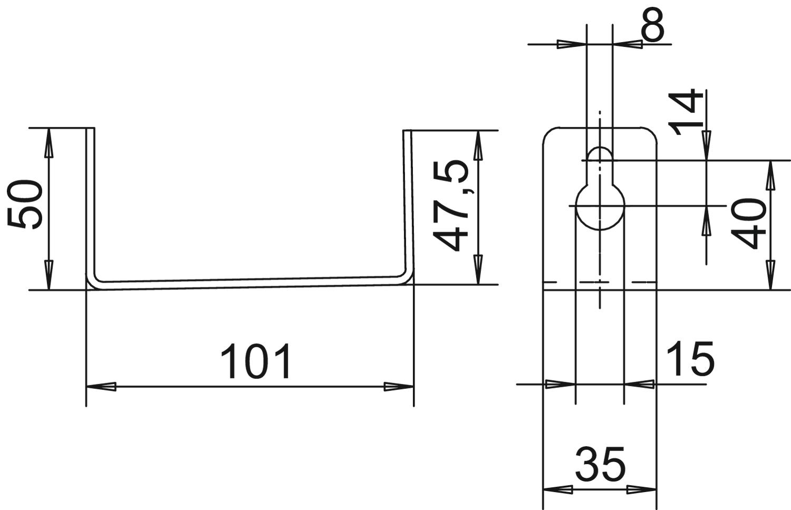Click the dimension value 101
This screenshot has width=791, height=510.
coord(256,361)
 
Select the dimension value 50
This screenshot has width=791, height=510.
coord(25,204)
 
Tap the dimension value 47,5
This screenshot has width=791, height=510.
coord(450,206)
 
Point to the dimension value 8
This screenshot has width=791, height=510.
coord(652,24)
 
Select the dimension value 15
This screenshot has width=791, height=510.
coord(690,359)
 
